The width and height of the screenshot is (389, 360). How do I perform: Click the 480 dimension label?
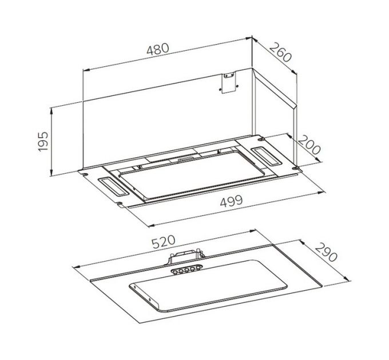(158, 50)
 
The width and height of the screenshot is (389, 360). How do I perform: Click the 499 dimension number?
(231, 201)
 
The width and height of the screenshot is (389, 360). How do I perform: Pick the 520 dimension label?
(163, 242)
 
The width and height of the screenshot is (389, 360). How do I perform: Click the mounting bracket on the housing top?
(229, 82)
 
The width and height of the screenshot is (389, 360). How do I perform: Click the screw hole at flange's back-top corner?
(261, 138)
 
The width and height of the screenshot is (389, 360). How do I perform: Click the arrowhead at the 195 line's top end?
(53, 109)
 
